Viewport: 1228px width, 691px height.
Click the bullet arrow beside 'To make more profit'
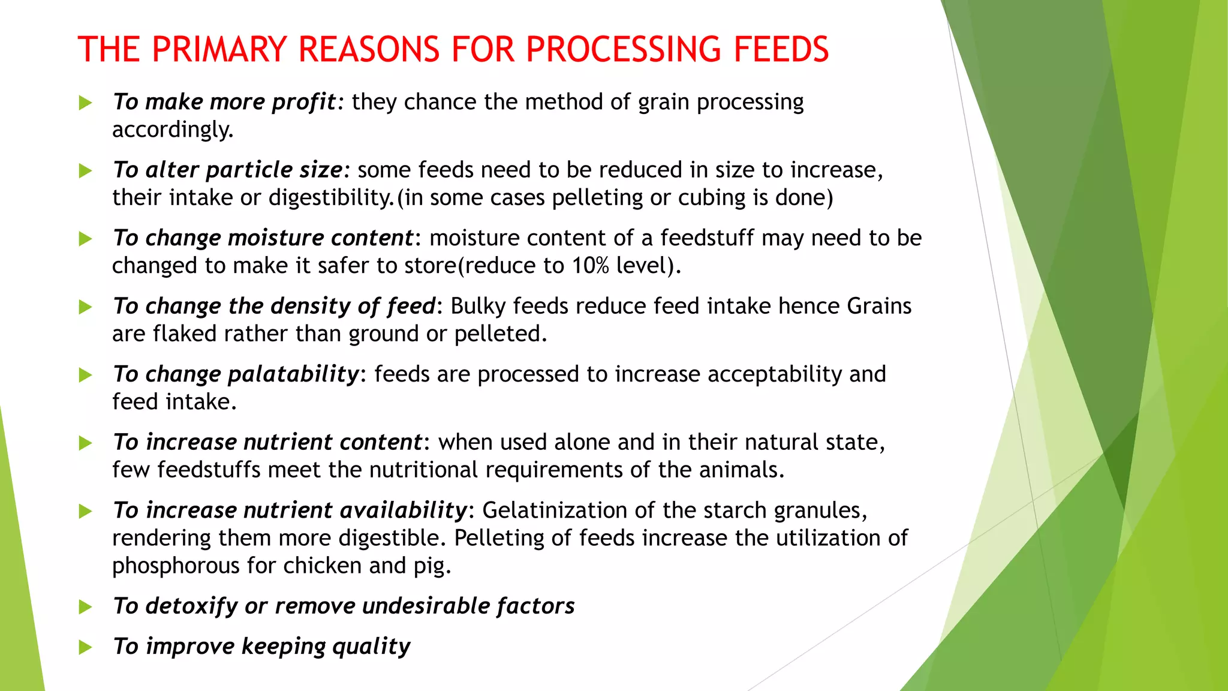pyautogui.click(x=85, y=103)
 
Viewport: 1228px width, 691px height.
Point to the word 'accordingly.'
pyautogui.click(x=173, y=130)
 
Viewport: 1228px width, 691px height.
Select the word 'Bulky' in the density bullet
pyautogui.click(x=478, y=306)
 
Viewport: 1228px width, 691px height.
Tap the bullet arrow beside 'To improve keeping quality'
pyautogui.click(x=85, y=647)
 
